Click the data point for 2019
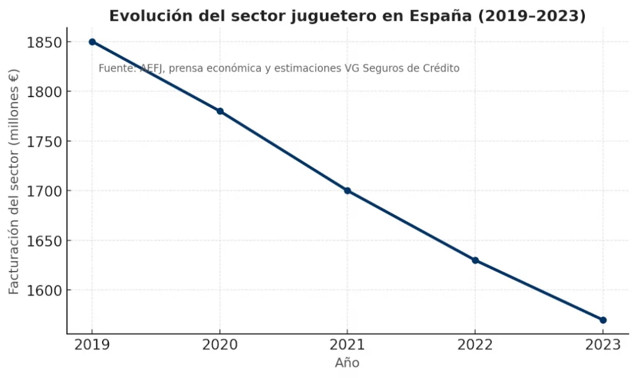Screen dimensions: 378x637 click(x=92, y=42)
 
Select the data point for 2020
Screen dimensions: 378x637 click(x=220, y=111)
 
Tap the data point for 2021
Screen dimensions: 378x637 click(x=347, y=191)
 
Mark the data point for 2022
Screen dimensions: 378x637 click(x=475, y=260)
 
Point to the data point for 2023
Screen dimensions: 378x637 click(x=603, y=320)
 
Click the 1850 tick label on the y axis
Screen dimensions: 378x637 click(x=44, y=42)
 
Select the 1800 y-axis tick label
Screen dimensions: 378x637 click(x=44, y=92)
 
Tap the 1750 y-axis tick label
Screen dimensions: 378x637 click(x=44, y=142)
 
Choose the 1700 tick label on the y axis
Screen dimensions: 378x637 click(x=44, y=191)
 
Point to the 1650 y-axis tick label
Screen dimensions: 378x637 click(x=44, y=241)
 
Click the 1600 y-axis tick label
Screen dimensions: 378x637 click(x=44, y=290)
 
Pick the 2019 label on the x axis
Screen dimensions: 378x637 click(x=92, y=346)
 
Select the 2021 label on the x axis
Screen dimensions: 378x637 click(x=347, y=346)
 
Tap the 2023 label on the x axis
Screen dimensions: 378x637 click(x=602, y=346)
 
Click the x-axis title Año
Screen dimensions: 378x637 click(x=347, y=363)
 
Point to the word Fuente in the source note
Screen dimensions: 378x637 click(x=116, y=68)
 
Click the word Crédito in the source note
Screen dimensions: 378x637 click(x=440, y=68)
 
